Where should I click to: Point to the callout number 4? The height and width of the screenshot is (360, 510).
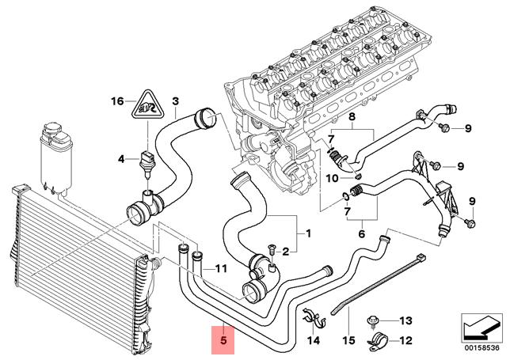pos(122,159)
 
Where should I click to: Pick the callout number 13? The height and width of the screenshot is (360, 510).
pos(406,320)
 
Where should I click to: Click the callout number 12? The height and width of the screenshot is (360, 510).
pos(406,341)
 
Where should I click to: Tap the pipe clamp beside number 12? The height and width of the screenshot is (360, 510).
pos(375,343)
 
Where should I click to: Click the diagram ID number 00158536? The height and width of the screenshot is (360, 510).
pos(482,346)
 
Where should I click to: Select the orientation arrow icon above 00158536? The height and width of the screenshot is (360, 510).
pos(482,324)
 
